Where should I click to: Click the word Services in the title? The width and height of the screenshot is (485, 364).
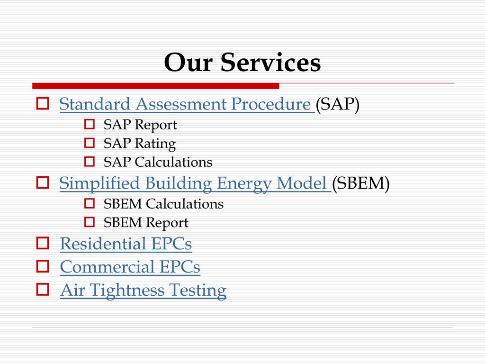coord(270,63)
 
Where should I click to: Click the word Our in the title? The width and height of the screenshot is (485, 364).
coord(189,63)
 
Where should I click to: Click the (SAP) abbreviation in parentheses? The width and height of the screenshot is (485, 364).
coord(338,104)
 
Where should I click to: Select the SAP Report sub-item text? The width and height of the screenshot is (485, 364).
coord(140,125)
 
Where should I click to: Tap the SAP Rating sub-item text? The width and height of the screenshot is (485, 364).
coord(140,143)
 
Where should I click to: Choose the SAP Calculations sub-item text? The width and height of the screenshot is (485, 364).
coord(158,162)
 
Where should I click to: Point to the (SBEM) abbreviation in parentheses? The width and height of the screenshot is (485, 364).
coord(360,183)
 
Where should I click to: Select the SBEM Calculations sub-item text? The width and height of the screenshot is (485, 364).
coord(163,204)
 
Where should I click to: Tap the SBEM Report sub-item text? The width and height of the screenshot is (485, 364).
coord(146,222)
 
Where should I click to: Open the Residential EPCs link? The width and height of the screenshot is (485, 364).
coord(126,244)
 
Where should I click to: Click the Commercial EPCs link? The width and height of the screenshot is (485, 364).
coord(130,267)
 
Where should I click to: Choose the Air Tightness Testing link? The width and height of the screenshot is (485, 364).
coord(143,290)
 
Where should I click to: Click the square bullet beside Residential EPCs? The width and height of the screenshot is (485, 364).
coord(43,244)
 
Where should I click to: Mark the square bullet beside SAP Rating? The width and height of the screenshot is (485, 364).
coord(90,143)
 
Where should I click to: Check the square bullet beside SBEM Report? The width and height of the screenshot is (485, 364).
coord(90,222)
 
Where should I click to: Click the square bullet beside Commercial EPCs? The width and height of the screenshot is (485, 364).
coord(43,267)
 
